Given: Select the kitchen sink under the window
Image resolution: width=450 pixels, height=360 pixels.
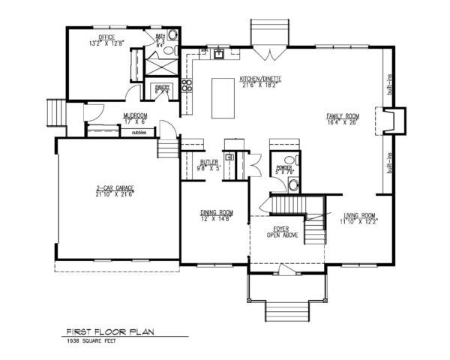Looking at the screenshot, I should click(x=219, y=53).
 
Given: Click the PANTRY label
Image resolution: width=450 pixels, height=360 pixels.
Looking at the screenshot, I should click(x=163, y=86).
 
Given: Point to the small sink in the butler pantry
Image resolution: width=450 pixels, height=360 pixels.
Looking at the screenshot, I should click(x=231, y=157).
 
